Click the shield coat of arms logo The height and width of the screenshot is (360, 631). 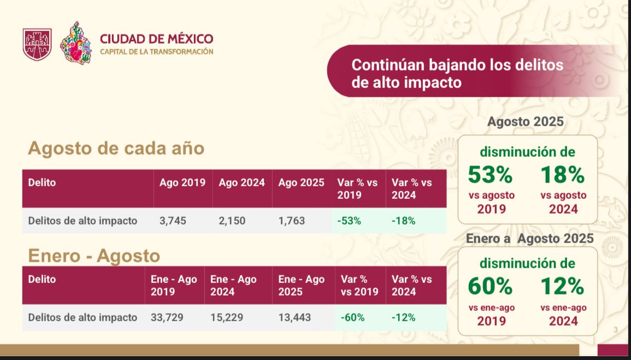tap(37, 44)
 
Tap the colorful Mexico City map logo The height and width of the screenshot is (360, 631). tap(76, 44)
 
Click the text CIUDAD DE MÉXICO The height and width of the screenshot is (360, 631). tap(156, 39)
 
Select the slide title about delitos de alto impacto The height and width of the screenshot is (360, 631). tap(457, 74)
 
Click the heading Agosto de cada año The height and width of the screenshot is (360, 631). tap(116, 148)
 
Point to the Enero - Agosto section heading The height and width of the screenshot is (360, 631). tap(94, 255)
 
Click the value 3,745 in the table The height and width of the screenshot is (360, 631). tap(173, 221)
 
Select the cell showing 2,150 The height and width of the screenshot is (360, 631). tap(232, 221)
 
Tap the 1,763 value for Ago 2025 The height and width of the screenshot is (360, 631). tap(291, 221)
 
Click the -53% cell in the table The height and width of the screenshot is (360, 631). tap(349, 221)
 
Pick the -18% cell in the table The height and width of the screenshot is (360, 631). tap(403, 221)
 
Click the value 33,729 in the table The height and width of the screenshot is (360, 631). tap(167, 317)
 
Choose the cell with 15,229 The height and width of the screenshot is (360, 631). tap(227, 317)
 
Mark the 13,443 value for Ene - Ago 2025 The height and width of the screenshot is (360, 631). tap(294, 317)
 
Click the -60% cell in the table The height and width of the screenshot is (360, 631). tap(352, 317)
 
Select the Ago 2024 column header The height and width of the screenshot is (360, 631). tap(241, 182)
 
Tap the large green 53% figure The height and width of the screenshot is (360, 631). tap(490, 174)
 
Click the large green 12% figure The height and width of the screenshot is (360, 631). tap(562, 286)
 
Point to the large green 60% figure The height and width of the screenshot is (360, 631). tap(490, 286)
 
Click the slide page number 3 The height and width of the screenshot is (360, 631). tap(616, 329)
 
